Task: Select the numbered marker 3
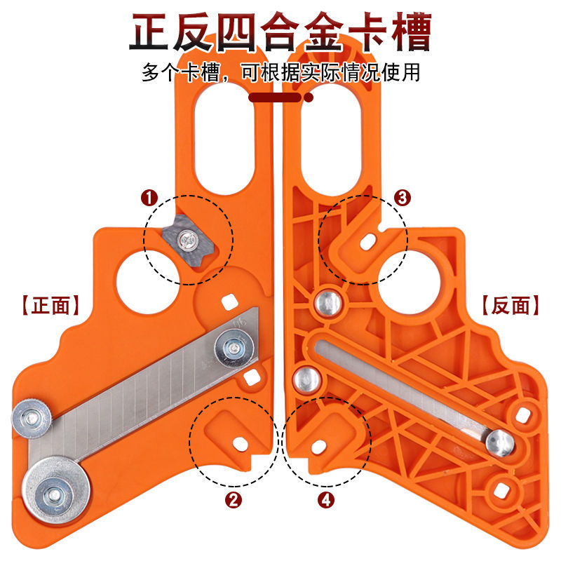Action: pos(402,198)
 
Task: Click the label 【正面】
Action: pos(48,306)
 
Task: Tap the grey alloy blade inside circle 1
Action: pos(187,241)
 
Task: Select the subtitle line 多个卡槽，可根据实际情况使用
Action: pos(280,72)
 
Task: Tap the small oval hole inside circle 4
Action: pos(318,443)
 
